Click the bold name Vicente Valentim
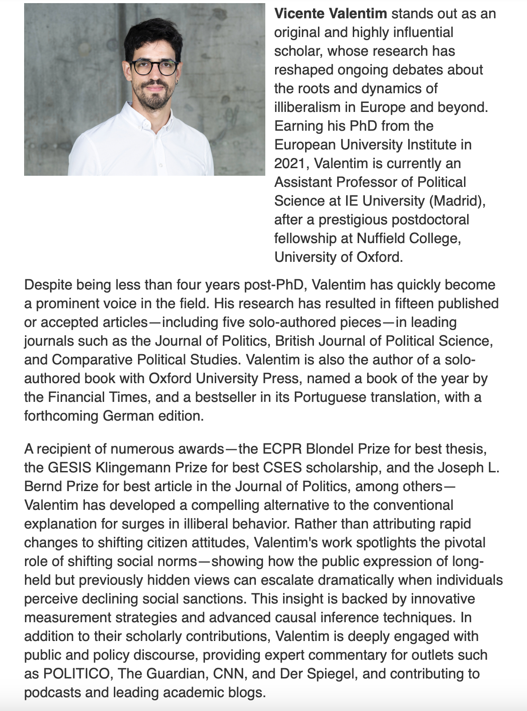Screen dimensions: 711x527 click(x=330, y=14)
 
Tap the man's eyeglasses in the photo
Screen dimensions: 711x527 click(x=153, y=68)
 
